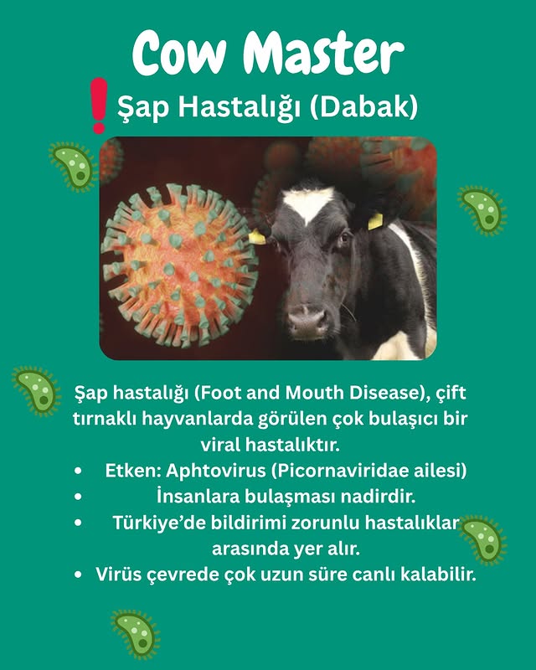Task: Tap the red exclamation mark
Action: [x=99, y=105]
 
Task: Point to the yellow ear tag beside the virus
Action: [x=257, y=237]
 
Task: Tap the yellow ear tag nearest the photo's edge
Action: [x=375, y=221]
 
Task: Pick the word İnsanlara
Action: [x=197, y=497]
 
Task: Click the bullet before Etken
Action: [x=79, y=471]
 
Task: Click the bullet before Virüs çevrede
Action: [x=79, y=575]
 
